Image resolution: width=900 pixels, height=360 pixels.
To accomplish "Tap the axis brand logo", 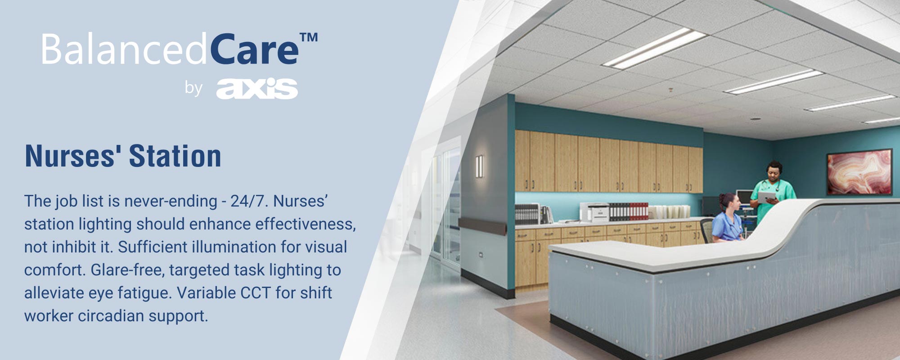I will click(257, 88).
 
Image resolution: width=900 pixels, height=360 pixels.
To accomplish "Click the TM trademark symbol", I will click(309, 37).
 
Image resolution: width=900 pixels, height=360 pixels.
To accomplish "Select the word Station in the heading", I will click(175, 156).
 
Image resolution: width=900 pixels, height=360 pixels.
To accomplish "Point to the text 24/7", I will click(249, 201).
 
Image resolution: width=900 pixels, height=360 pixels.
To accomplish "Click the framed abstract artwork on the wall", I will click(859, 172).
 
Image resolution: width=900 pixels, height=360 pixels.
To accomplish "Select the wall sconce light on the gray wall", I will click(479, 166).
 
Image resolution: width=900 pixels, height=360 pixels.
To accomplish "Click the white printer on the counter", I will click(594, 212).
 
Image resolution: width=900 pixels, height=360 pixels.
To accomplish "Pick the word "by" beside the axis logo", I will click(193, 88).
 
